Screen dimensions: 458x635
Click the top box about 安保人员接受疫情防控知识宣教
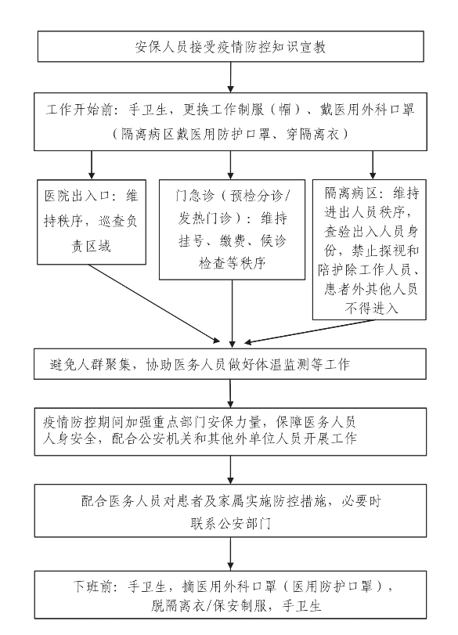pos(231,46)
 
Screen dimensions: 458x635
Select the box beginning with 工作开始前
pos(230,121)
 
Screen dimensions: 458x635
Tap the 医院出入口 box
pos(92,222)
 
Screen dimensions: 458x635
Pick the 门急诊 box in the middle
pos(232,229)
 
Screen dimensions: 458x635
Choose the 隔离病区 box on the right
pos(370,250)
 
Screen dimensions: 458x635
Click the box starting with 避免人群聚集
pos(230,363)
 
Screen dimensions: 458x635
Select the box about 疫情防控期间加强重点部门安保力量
pos(230,431)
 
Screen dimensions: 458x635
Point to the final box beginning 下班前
pos(230,595)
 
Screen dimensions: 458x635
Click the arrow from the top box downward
pos(230,77)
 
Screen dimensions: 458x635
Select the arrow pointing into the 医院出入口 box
pos(92,165)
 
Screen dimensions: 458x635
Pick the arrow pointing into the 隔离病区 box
pos(373,165)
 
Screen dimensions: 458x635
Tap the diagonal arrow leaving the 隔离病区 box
pos(310,332)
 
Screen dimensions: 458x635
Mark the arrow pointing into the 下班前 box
pos(230,554)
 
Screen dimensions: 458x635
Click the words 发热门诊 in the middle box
pos(204,218)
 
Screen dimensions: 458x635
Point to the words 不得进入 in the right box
pos(371,308)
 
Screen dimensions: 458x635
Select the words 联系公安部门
pos(230,524)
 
